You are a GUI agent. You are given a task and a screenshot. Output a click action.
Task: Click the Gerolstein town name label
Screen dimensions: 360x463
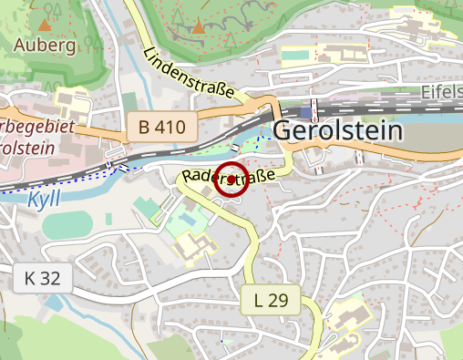click(x=337, y=130)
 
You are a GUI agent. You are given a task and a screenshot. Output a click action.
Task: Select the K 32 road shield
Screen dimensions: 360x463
click(x=42, y=278)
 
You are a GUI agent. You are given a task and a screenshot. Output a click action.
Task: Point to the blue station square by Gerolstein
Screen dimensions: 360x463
click(x=304, y=110)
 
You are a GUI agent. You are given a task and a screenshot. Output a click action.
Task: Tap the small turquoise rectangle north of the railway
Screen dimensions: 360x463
click(x=295, y=54)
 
